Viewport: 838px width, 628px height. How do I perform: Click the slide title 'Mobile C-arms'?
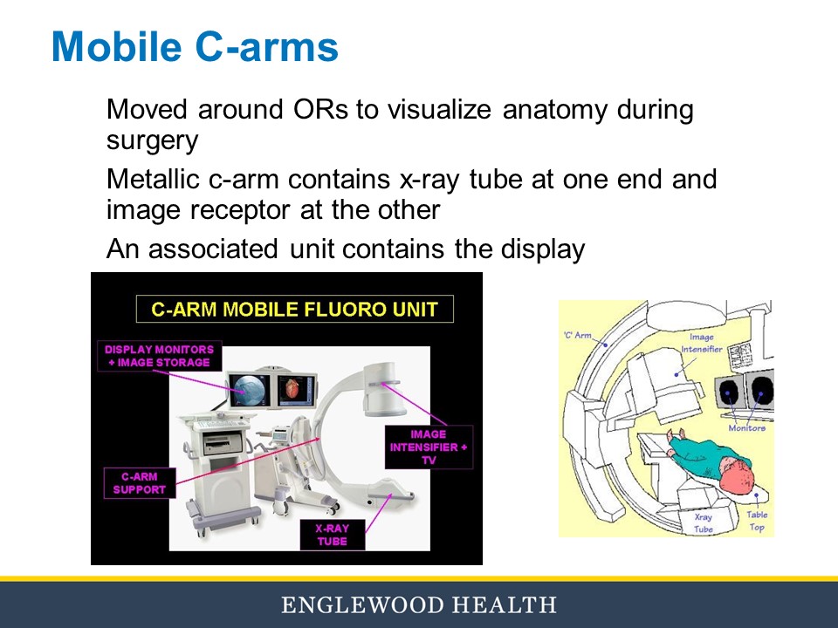[x=195, y=47]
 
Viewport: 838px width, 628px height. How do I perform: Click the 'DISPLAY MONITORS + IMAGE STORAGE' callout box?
[x=159, y=355]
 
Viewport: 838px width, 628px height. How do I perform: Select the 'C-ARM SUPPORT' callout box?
[x=139, y=482]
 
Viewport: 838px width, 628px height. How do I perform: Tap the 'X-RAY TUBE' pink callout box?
[x=333, y=534]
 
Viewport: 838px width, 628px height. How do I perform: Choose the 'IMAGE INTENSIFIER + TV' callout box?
[x=428, y=447]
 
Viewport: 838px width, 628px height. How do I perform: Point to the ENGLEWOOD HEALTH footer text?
[x=418, y=604]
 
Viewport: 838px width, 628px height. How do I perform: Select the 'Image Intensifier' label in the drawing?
[x=701, y=343]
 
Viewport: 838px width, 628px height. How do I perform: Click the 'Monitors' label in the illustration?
[x=747, y=427]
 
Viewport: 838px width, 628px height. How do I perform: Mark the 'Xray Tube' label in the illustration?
[x=703, y=522]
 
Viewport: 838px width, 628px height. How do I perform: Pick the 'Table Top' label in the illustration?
[x=757, y=521]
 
